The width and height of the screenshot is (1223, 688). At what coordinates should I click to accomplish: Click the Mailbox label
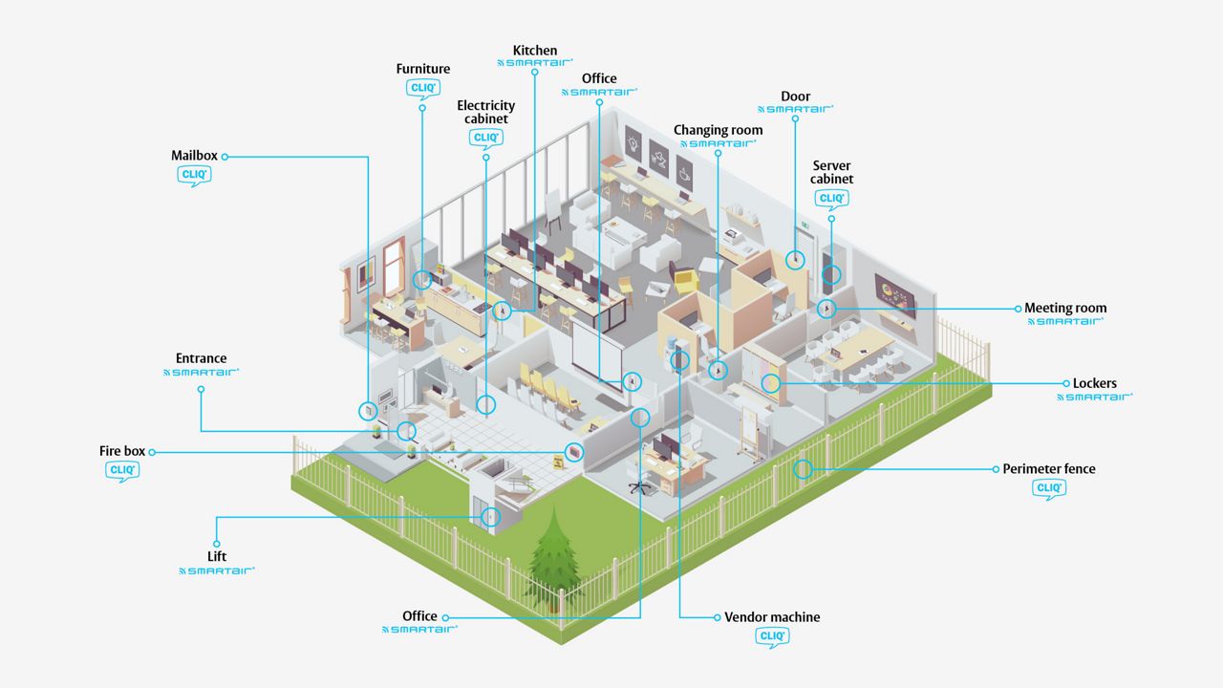coord(194,156)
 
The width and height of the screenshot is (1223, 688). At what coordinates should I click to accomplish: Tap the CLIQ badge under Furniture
coord(423,89)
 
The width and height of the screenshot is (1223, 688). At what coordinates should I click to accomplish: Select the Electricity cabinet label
coord(486,112)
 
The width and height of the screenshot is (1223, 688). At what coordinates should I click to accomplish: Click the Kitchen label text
coord(535,51)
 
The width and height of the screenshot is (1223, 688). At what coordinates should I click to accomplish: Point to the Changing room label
coord(718,131)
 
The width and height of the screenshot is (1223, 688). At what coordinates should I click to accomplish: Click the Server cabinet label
coord(831,172)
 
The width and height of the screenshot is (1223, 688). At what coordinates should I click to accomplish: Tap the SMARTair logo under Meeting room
coord(1065,322)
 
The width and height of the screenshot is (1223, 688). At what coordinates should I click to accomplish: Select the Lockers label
coord(1095,383)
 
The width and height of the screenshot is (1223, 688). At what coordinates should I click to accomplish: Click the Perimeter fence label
coord(1049,469)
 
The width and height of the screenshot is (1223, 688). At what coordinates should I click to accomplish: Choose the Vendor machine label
coord(772,617)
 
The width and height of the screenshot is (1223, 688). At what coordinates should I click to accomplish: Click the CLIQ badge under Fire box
coord(122,471)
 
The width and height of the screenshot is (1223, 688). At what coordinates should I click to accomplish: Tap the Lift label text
coord(217,556)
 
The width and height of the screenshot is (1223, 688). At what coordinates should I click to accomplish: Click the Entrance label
coord(201,358)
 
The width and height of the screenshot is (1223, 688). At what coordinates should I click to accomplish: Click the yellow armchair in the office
coord(685,280)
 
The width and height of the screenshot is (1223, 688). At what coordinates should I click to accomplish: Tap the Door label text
coord(796,97)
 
